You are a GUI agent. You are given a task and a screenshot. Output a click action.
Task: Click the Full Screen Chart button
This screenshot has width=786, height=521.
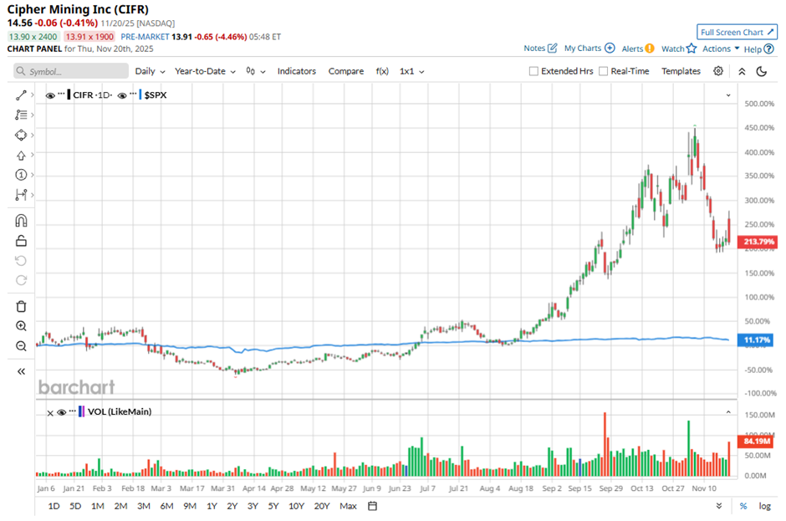click(x=737, y=32)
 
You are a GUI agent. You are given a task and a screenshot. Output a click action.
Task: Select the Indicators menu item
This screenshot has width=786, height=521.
click(x=297, y=71)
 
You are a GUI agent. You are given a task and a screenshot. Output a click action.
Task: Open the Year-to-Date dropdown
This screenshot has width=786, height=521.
click(x=205, y=71)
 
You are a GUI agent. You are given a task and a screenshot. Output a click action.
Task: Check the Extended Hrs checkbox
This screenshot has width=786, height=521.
click(x=533, y=72)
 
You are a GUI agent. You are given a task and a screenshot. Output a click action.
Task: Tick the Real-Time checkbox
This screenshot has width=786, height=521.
click(x=604, y=72)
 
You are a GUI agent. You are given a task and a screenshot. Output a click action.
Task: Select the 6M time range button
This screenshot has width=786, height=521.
click(x=166, y=506)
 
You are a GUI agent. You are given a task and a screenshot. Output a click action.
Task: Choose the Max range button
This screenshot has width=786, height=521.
click(x=348, y=506)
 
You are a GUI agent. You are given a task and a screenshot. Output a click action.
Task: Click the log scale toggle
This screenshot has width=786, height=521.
click(x=764, y=506)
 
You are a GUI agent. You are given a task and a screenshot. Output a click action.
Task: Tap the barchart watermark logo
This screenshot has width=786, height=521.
click(x=76, y=386)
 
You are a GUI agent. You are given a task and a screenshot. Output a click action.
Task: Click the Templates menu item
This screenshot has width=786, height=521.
click(x=681, y=71)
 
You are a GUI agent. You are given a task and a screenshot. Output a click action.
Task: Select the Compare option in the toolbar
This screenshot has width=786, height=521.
click(x=346, y=71)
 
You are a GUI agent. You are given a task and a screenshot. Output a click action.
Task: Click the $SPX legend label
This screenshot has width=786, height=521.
click(x=156, y=95)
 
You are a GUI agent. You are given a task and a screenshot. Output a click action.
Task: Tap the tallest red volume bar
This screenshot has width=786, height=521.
click(x=604, y=443)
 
